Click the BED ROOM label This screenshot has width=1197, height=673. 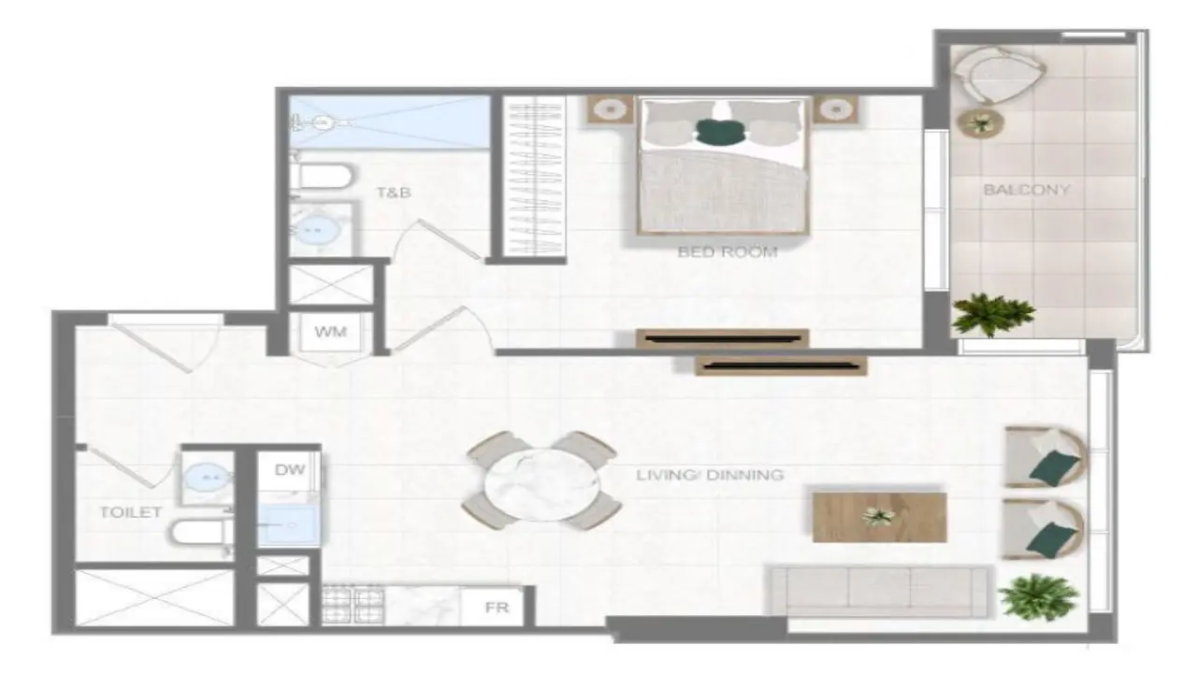728,251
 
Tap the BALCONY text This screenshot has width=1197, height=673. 1027,190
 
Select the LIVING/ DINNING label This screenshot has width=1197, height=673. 710,474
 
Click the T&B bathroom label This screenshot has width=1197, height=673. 394,193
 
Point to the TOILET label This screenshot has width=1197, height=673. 130,512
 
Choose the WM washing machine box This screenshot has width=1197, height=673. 331,332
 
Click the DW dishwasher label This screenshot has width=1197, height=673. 290,470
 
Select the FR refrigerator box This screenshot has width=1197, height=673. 493,607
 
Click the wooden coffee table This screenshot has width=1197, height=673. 880,517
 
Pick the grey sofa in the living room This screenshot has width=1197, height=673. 878,592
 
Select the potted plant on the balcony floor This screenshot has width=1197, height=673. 992,315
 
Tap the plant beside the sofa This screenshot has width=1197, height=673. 1038,596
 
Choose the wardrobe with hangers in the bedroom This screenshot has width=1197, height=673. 534,176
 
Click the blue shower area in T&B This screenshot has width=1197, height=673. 390,122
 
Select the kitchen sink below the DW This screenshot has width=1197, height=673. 289,525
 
